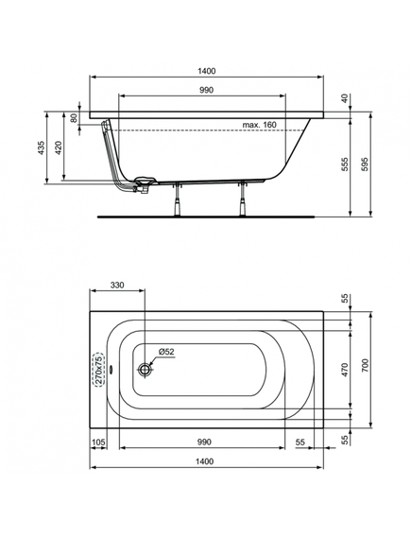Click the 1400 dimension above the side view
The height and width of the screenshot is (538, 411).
coord(207,71)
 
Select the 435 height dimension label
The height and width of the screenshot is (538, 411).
coord(42,148)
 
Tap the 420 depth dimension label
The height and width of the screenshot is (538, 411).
coord(59,148)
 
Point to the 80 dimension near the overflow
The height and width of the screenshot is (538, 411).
coord(74,118)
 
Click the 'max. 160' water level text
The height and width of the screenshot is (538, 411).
coord(259,125)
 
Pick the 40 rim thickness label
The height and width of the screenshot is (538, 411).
coord(345,98)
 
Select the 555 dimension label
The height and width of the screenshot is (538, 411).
coord(345,165)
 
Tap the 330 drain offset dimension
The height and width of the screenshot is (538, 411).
coord(117,285)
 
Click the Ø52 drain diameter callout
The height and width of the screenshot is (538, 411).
coord(166,352)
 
